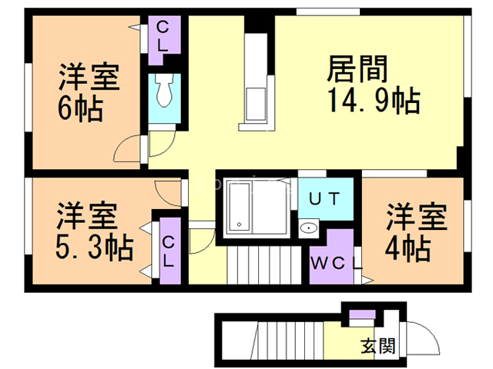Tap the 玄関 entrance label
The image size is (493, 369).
pos(378,345)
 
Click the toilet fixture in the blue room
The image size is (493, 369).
pos(163,94)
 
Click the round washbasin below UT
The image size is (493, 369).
pos(308,227)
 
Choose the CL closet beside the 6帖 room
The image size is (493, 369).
pos(163,35)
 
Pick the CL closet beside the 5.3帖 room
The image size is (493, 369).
pos(168,251)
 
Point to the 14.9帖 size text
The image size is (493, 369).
pos(373,99)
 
